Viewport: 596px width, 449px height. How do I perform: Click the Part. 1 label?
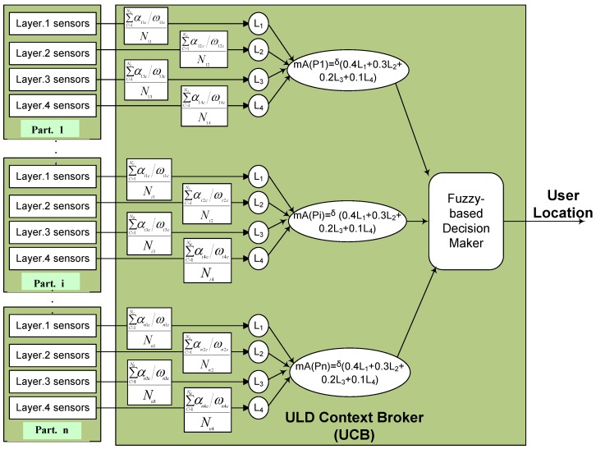pyautogui.click(x=53, y=129)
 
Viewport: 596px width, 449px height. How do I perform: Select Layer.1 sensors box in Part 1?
pyautogui.click(x=53, y=25)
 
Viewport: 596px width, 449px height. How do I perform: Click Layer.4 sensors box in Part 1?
pyautogui.click(x=53, y=106)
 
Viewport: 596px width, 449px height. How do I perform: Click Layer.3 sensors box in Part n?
pyautogui.click(x=53, y=383)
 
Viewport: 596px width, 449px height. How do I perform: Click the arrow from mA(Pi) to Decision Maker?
pyautogui.click(x=415, y=220)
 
